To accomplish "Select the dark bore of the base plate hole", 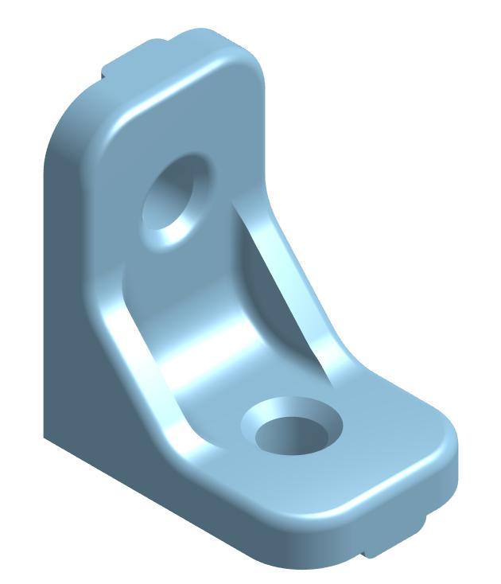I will [293, 435].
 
